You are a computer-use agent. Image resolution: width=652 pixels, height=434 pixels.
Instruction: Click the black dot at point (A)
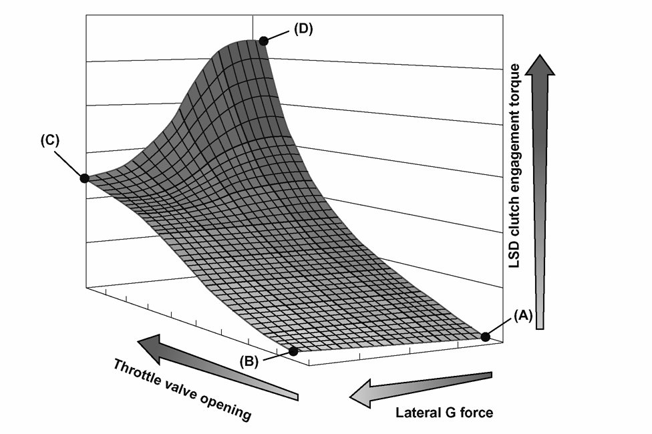click(485, 337)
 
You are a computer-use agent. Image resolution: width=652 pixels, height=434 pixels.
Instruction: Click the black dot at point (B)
click(293, 351)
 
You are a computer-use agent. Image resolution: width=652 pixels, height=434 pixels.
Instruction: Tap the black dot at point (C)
click(84, 178)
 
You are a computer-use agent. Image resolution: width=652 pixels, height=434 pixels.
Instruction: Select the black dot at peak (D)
click(263, 41)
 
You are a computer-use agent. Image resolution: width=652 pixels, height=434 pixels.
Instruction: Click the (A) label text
click(522, 316)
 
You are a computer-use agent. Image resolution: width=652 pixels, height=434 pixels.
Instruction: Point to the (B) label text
click(249, 361)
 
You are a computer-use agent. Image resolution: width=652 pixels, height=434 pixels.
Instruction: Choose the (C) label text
click(50, 140)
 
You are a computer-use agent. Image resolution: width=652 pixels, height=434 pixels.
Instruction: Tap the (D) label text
click(303, 29)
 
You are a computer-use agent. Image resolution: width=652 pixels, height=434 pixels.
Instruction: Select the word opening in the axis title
click(226, 405)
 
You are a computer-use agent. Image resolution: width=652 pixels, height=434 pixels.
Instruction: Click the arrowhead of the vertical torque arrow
click(540, 65)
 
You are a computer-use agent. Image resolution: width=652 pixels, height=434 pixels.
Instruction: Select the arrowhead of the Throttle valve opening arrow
click(150, 346)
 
